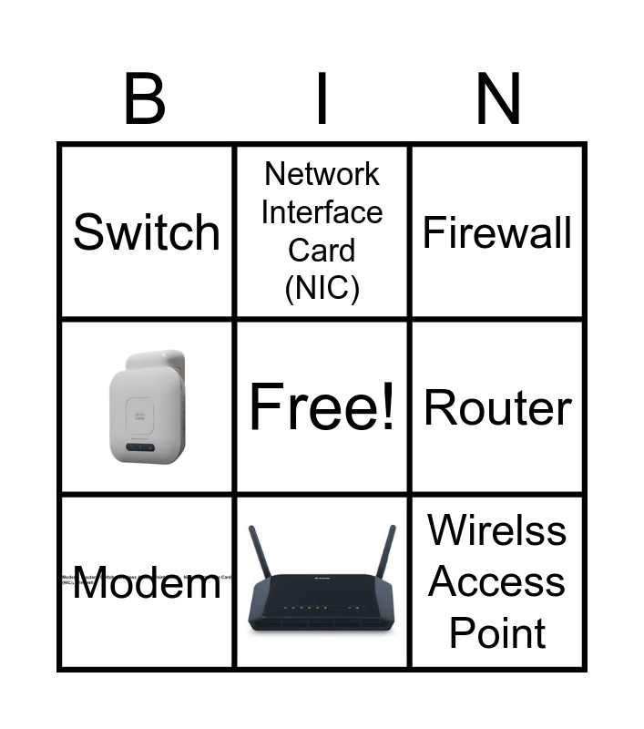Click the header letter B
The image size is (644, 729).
[145, 100]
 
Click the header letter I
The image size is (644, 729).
[322, 100]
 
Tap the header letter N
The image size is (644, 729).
[498, 100]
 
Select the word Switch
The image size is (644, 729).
[147, 232]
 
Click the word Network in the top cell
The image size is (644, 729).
[322, 173]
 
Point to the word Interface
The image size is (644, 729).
[322, 211]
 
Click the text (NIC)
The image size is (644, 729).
[322, 288]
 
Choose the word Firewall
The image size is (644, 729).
[498, 232]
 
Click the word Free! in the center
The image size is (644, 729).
[322, 407]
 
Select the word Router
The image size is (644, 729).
[498, 408]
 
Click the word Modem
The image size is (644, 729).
[147, 584]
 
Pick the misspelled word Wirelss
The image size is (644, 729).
[498, 530]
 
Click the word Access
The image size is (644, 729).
[498, 581]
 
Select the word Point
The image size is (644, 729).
[498, 633]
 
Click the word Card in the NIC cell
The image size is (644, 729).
[322, 250]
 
